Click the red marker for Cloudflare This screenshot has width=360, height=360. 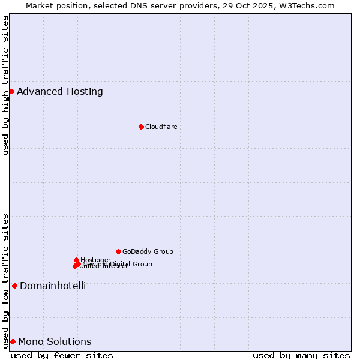point(141,127)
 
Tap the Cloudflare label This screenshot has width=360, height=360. point(161,127)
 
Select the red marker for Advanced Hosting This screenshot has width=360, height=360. point(11,91)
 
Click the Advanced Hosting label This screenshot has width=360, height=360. point(60,92)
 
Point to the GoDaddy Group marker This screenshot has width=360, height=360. point(118,251)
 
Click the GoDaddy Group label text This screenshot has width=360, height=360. point(148,251)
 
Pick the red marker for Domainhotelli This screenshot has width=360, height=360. point(14,286)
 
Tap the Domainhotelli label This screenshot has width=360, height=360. point(53,286)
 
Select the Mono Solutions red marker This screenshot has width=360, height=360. point(13,341)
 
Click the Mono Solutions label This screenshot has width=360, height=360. point(55,342)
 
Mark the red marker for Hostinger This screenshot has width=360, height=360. point(77,260)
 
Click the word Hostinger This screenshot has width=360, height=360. point(96,260)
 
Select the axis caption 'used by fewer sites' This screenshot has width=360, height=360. point(62,355)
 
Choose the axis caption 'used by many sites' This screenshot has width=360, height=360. point(301,355)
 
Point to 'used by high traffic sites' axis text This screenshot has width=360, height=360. point(6,85)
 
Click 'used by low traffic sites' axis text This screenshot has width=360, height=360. point(6,281)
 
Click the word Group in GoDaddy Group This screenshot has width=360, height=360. point(163,251)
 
